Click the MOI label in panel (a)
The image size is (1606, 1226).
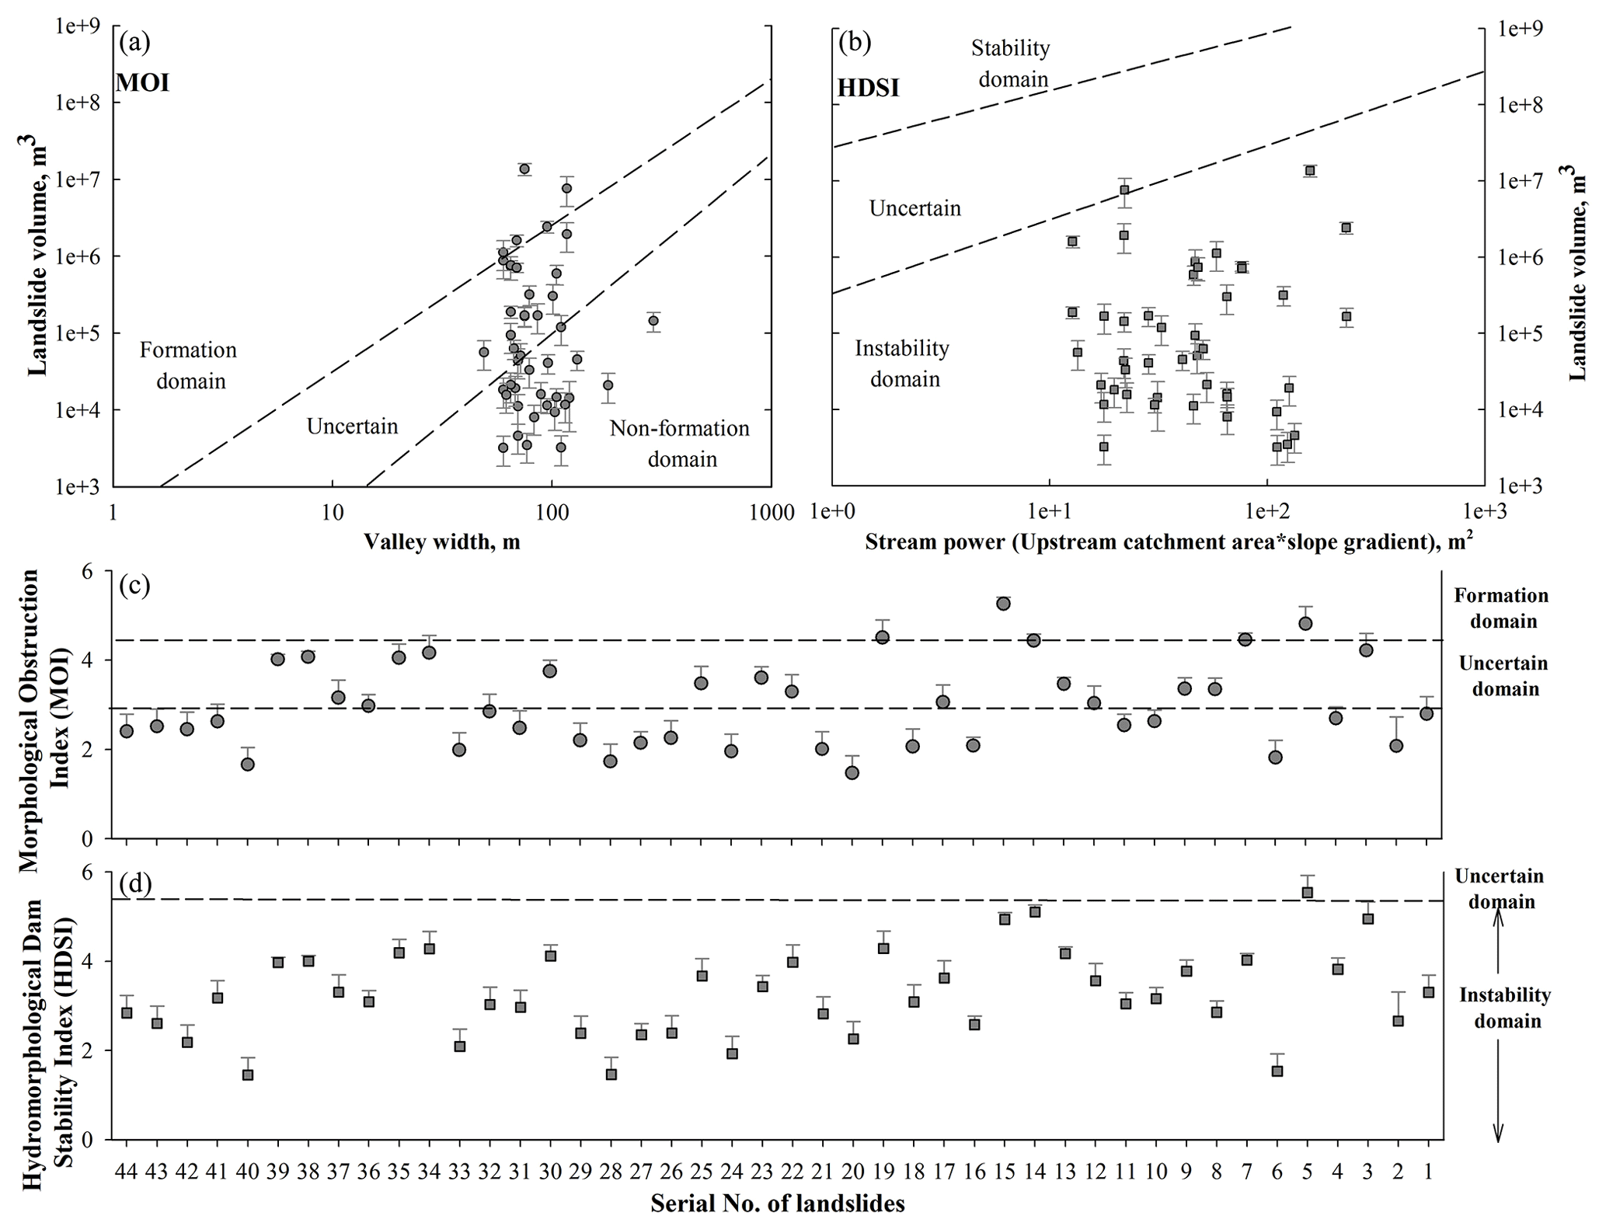(x=143, y=82)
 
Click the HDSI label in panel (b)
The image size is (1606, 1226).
(x=868, y=88)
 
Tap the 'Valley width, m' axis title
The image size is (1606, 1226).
(x=441, y=542)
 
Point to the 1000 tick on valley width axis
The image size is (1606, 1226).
(x=770, y=513)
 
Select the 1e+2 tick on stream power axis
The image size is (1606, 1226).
(x=1267, y=513)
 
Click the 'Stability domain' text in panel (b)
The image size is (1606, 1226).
(x=1010, y=64)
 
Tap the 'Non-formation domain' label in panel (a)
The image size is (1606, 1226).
(x=680, y=444)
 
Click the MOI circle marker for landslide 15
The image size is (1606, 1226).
(x=1003, y=604)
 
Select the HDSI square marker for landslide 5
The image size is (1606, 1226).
(x=1307, y=892)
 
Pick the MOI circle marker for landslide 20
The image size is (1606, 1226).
(x=852, y=772)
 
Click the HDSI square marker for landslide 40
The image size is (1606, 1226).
(x=248, y=1074)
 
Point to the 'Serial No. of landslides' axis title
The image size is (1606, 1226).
(x=778, y=1203)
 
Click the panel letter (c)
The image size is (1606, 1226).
(x=134, y=585)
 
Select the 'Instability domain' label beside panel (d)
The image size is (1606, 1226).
(x=1504, y=1008)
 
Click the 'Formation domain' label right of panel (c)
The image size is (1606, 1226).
(x=1501, y=608)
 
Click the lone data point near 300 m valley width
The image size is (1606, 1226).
(x=653, y=321)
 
